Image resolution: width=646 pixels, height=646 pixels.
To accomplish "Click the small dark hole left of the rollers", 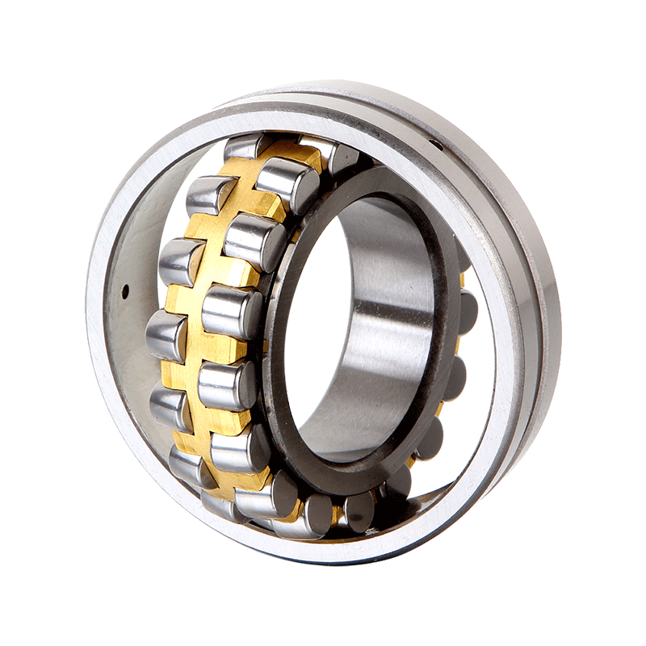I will [x=126, y=287].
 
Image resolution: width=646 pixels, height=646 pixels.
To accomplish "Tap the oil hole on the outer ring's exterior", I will [x=437, y=145].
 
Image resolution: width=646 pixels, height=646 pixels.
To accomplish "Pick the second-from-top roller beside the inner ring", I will [x=254, y=241].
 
